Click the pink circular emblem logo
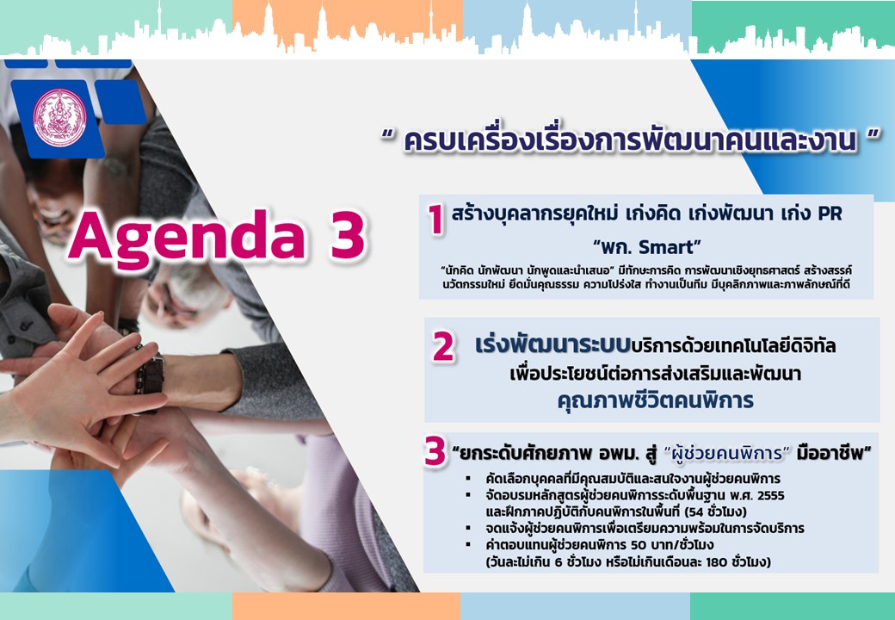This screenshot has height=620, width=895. [59, 117]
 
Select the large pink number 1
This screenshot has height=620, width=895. [436, 220]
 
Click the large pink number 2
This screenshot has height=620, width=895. [443, 346]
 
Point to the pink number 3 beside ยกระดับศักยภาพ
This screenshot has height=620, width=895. [435, 451]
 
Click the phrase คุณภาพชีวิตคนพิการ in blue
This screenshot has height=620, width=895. [655, 400]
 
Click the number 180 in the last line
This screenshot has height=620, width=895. [716, 561]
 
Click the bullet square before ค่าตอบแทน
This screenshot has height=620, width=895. [468, 544]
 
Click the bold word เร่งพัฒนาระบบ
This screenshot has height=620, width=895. [553, 345]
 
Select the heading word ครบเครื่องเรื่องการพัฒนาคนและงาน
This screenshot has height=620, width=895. [630, 140]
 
